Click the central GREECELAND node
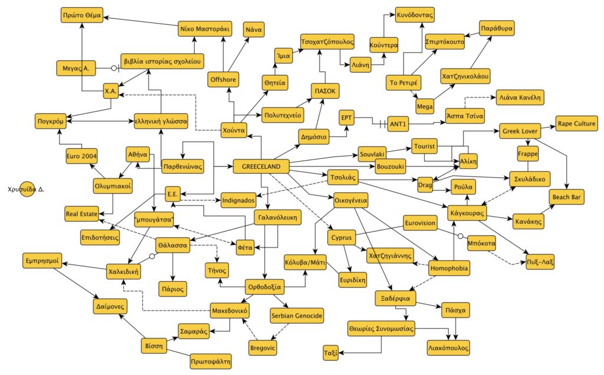(x=261, y=166)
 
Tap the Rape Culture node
(x=576, y=124)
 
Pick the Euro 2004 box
(x=81, y=156)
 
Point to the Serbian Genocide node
(x=297, y=317)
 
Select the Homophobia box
(x=450, y=268)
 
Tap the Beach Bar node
(x=567, y=197)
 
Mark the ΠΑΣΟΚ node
(x=324, y=92)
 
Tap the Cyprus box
(x=343, y=239)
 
